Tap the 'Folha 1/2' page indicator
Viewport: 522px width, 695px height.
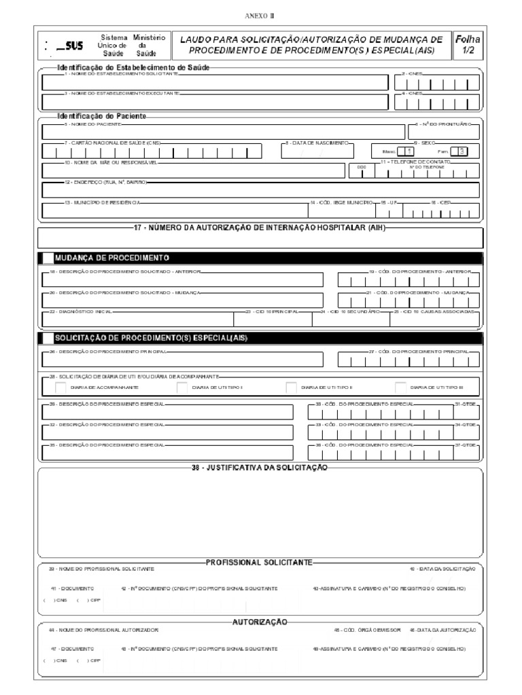467,45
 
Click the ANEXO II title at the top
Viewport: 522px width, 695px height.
260,15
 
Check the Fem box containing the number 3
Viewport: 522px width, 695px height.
462,151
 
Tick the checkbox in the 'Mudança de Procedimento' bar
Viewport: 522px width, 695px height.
48,258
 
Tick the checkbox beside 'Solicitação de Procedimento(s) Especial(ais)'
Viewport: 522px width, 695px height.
48,337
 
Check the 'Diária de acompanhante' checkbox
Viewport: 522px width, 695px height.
60,387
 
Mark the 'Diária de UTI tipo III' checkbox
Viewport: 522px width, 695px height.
400,387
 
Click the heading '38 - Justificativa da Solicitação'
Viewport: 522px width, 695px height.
261,467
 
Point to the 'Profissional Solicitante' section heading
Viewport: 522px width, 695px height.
260,563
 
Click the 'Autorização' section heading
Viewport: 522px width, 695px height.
260,622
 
